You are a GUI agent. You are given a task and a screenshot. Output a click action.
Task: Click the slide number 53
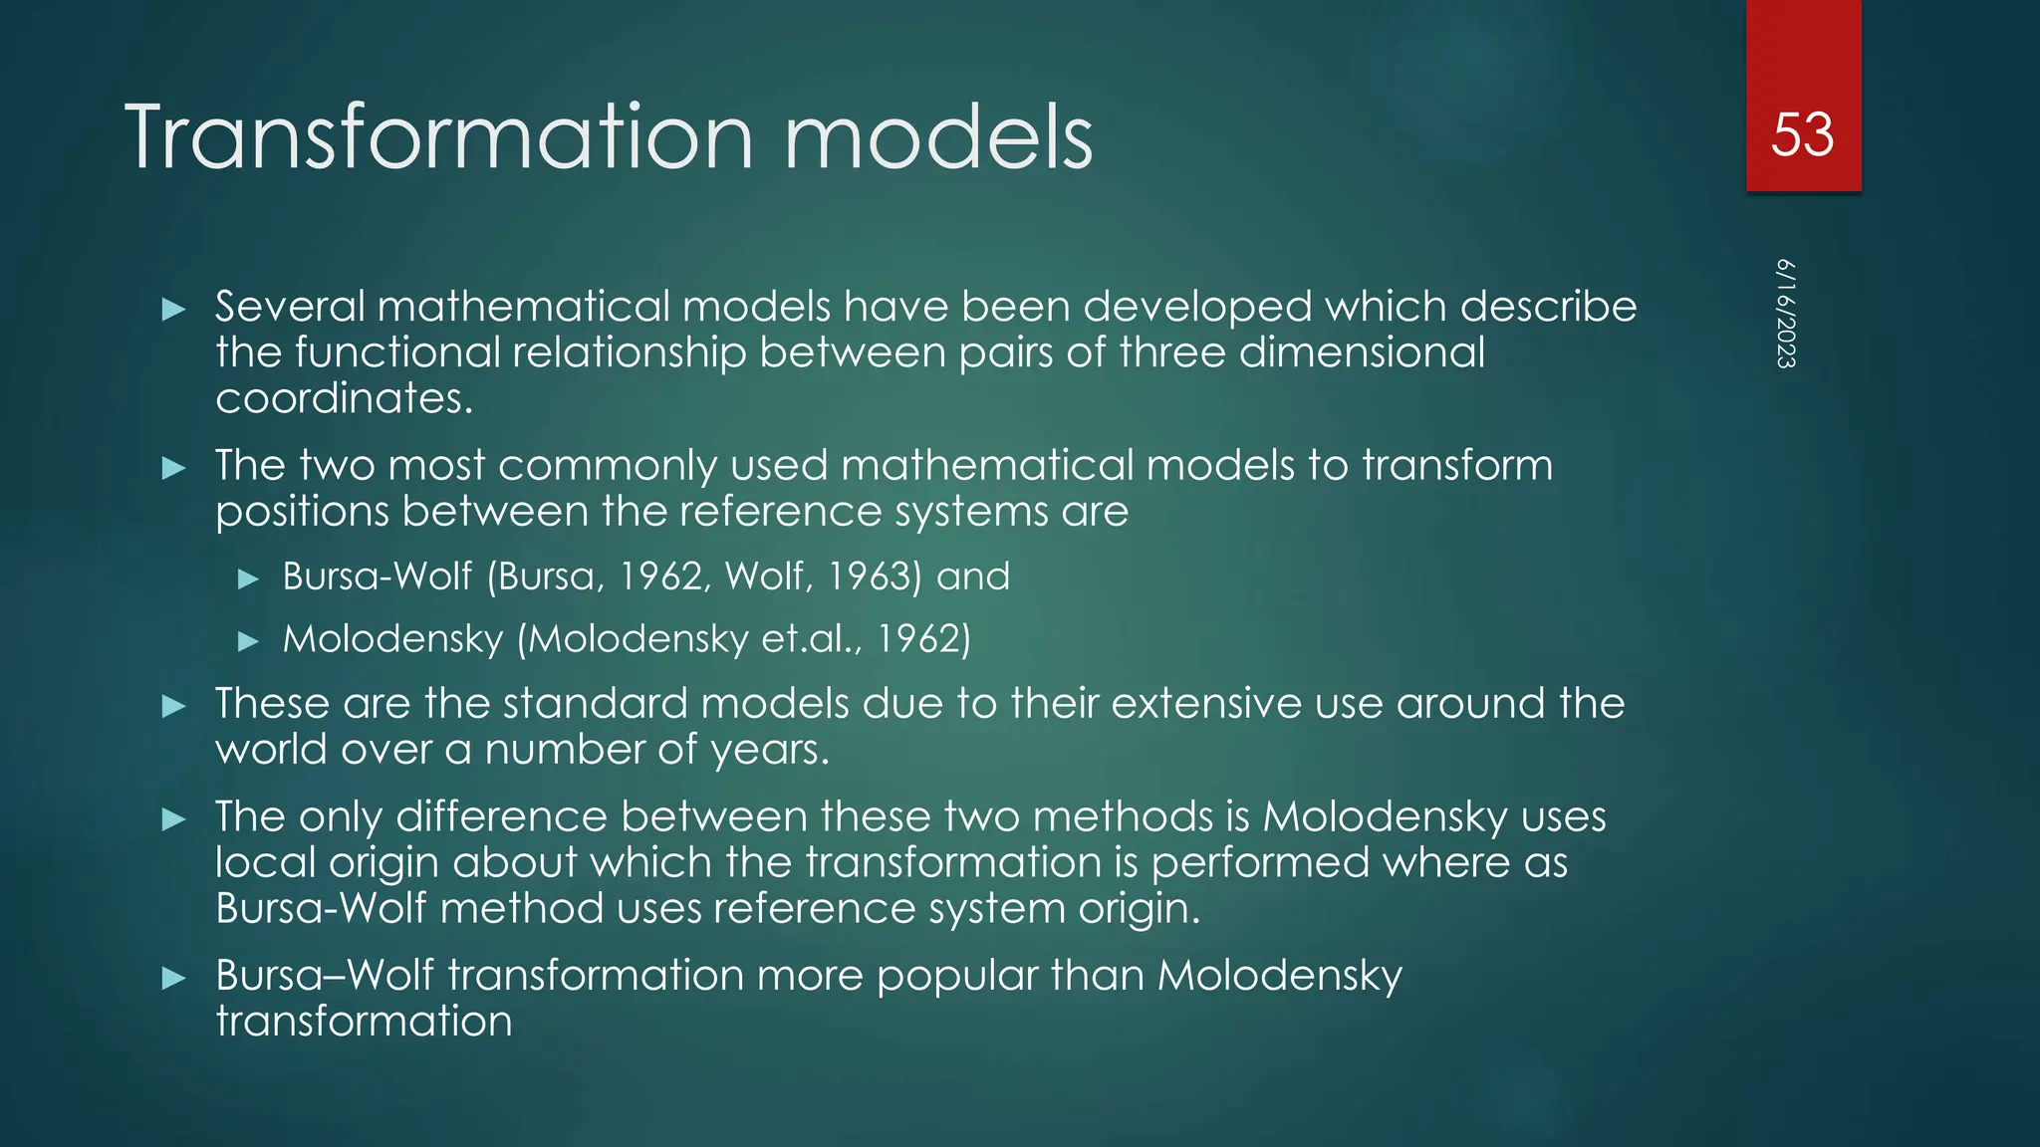(x=1802, y=134)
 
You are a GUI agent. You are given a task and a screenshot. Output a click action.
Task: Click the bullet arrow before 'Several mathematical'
(x=174, y=310)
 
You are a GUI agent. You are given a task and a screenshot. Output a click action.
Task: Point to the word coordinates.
(x=343, y=399)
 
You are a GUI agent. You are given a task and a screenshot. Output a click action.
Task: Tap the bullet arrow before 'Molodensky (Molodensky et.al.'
(x=249, y=641)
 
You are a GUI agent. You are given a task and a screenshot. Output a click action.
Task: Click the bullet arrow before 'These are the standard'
(x=174, y=707)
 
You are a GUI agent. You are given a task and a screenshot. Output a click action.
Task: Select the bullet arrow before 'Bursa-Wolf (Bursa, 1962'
(x=249, y=578)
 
